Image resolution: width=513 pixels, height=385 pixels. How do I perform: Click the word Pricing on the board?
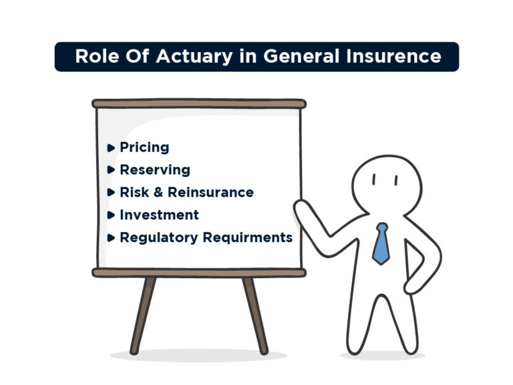[x=144, y=148]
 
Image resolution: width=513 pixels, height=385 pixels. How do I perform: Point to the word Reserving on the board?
[x=155, y=170]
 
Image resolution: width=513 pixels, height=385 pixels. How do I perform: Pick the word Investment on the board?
[x=159, y=215]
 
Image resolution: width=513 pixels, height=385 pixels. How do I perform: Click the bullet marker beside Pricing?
[x=111, y=148]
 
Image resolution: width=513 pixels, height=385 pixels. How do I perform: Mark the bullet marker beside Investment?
[x=111, y=215]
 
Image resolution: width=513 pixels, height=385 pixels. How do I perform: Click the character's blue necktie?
[x=381, y=243]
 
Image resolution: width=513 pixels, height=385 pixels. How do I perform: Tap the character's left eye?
[x=375, y=179]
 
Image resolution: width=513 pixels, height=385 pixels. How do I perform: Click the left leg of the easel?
[x=142, y=314]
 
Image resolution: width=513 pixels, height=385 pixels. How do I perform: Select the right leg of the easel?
[x=255, y=314]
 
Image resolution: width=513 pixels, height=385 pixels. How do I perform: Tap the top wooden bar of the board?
[x=199, y=104]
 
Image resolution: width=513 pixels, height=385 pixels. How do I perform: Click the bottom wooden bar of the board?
[x=199, y=273]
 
